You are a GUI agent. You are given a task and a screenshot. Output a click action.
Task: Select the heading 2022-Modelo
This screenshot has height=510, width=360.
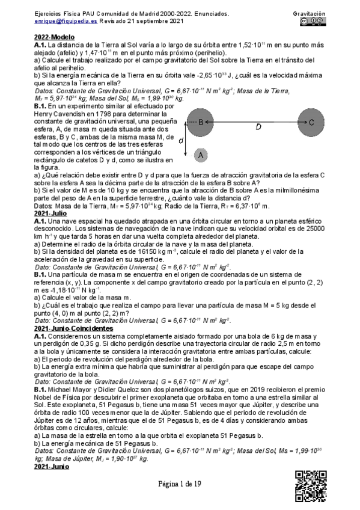[55, 37]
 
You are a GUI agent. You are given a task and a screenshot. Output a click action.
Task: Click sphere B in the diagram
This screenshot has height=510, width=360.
[202, 123]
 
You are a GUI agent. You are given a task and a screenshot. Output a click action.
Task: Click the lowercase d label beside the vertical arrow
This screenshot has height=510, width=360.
[182, 140]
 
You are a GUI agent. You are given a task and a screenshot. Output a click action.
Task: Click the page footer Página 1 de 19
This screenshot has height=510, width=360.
[180, 487]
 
